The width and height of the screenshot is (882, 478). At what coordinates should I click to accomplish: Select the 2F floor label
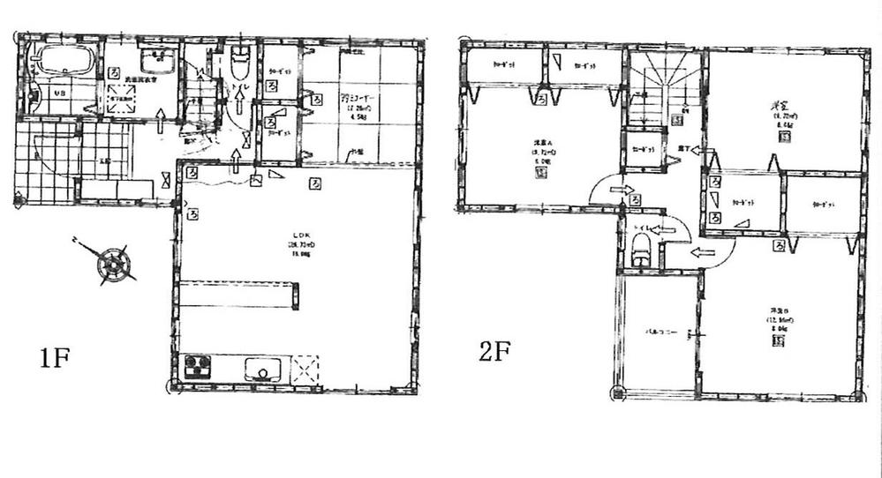(495, 353)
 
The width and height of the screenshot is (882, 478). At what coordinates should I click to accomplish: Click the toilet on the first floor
(240, 65)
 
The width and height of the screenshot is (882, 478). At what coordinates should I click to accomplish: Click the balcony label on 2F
(657, 333)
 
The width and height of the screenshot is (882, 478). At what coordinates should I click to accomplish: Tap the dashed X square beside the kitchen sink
(306, 368)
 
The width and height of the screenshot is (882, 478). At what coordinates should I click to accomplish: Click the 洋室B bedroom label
(778, 323)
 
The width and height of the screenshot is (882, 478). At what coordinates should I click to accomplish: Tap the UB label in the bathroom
(61, 93)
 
